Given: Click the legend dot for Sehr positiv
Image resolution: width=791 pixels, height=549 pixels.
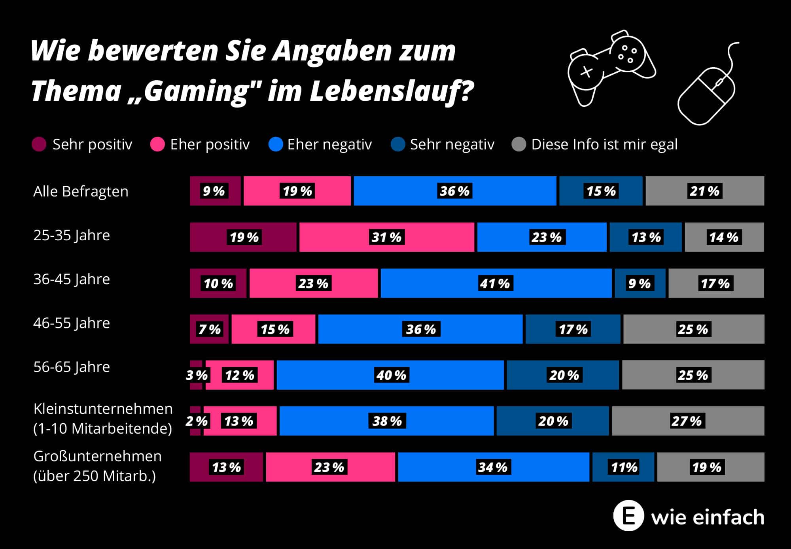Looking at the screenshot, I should pos(39,144).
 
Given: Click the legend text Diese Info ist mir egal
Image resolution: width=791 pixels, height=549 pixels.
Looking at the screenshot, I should pos(604,145).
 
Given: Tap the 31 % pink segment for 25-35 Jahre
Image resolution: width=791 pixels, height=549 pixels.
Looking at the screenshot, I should pos(386,237).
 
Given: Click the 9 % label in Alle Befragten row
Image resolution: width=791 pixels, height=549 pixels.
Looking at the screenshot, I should pos(214,191).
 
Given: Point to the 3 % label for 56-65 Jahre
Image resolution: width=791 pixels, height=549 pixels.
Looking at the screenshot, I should pos(197,375).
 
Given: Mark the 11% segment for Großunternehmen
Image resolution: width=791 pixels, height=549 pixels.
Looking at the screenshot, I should pos(624,467).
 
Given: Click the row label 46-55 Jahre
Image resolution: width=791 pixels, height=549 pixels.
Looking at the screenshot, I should pos(72,323).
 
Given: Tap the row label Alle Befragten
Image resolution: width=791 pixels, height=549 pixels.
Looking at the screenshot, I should pos(81,191).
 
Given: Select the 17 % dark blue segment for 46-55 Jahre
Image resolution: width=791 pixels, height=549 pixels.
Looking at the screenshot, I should pos(573,329).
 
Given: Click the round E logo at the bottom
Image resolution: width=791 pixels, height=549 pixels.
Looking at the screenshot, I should pos(628,515).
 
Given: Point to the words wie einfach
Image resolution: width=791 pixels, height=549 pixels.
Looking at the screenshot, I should pos(708,517).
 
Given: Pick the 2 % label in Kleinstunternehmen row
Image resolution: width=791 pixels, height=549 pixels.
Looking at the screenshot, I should pos(197,421).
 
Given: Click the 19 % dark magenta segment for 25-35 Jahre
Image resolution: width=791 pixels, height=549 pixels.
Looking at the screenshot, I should pos(244,237).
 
